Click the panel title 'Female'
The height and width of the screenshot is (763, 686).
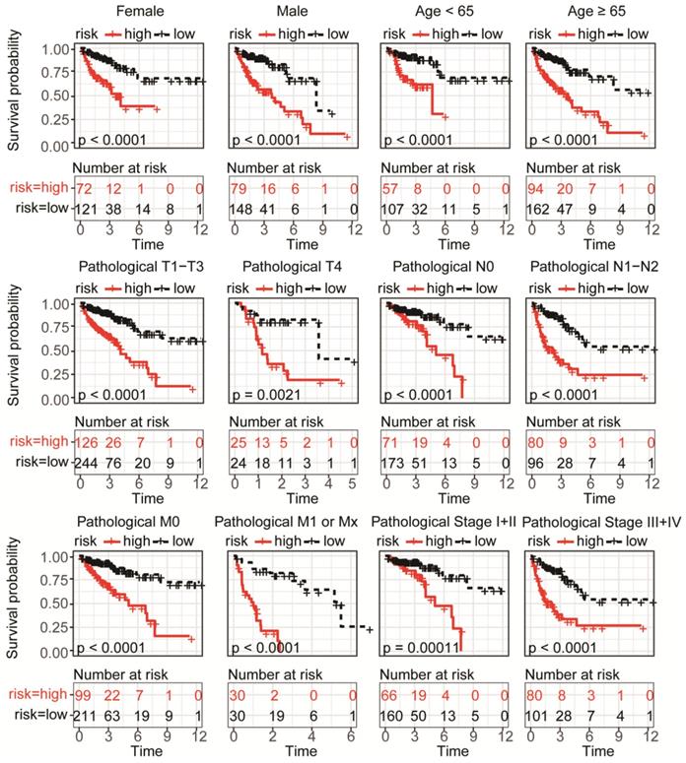[x=140, y=11]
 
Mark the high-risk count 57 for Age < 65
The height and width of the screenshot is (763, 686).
[x=391, y=188]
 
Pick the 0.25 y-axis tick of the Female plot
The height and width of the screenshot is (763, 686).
[x=56, y=115]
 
